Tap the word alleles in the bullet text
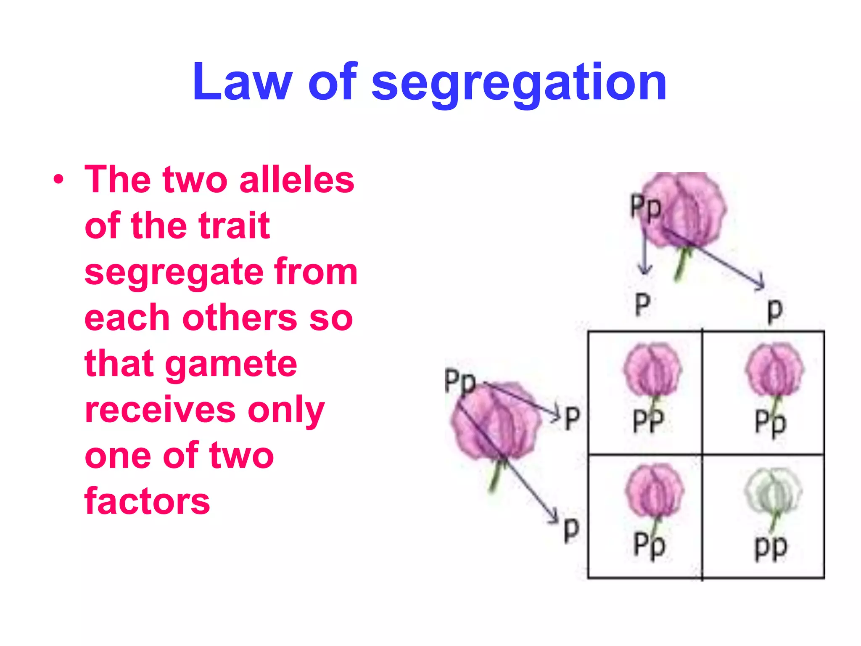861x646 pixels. pyautogui.click(x=296, y=180)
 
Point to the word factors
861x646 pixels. pyautogui.click(x=147, y=501)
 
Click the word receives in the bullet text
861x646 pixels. pyautogui.click(x=161, y=410)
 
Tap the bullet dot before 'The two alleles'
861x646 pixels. pyautogui.click(x=59, y=180)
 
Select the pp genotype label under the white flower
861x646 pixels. pyautogui.click(x=771, y=548)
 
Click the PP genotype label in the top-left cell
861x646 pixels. pyautogui.click(x=649, y=421)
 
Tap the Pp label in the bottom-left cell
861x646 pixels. pyautogui.click(x=650, y=545)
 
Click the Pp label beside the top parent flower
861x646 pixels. pyautogui.click(x=645, y=207)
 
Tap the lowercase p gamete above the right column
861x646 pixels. pyautogui.click(x=775, y=311)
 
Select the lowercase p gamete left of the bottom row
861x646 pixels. pyautogui.click(x=571, y=530)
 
